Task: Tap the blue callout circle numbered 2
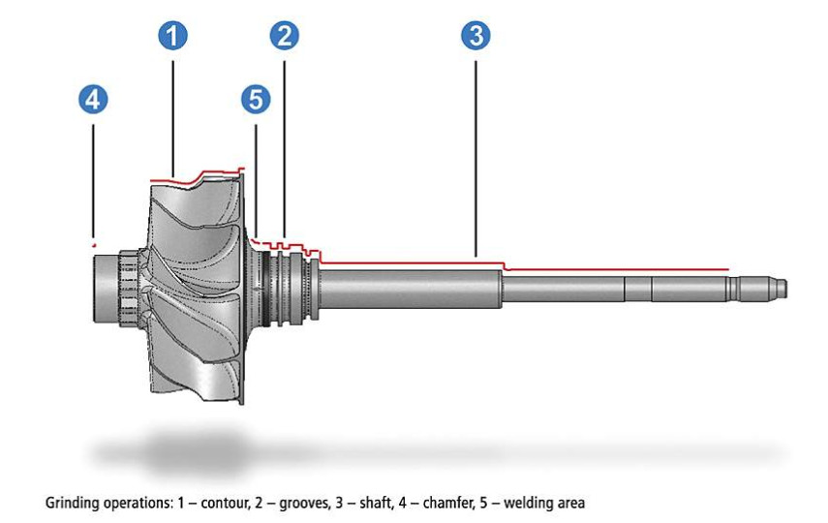click(285, 36)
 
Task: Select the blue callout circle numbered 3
click(475, 36)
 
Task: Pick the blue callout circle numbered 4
click(94, 99)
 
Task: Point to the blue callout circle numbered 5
click(256, 99)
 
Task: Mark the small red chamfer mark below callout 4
click(93, 242)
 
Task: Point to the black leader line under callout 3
click(475, 155)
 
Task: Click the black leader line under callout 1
click(173, 116)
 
